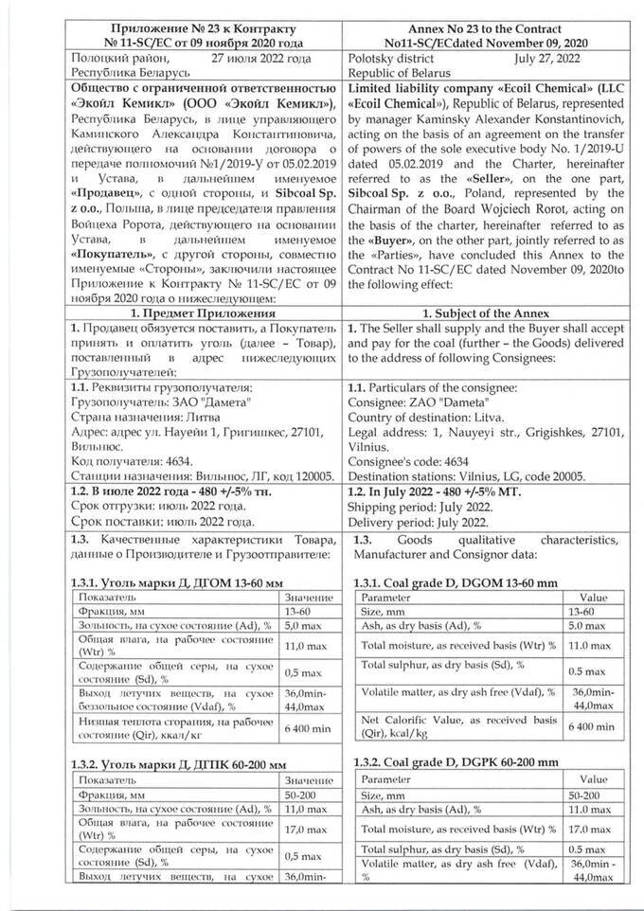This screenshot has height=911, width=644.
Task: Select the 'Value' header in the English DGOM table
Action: point(593,598)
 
